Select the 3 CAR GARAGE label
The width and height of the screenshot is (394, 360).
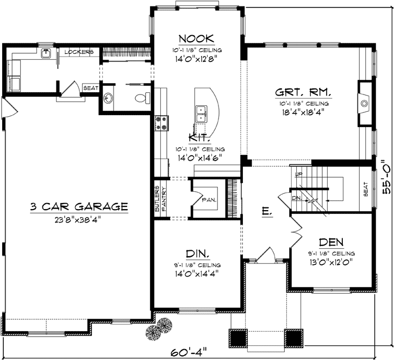point(79,206)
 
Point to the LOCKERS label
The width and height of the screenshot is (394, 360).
point(79,52)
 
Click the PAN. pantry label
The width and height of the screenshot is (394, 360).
point(209,200)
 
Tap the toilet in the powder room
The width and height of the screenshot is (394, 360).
point(143,98)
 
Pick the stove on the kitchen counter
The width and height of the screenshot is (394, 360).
point(160,123)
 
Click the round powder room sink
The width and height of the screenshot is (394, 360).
point(109,98)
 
